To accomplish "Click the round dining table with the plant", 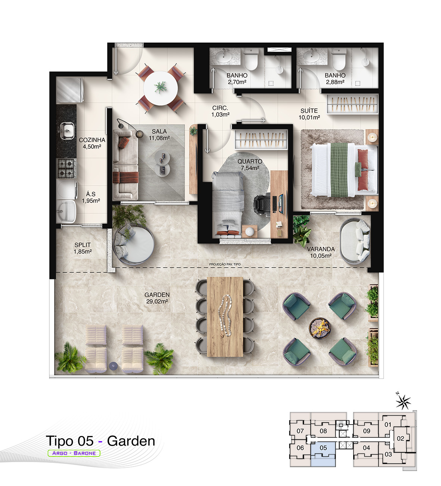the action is [x=160, y=88].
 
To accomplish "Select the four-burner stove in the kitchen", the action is [x=66, y=168].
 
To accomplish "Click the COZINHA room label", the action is [x=92, y=140].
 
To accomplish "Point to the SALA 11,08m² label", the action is [x=159, y=134].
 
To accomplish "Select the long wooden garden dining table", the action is [x=225, y=316].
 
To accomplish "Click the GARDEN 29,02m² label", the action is [x=157, y=298].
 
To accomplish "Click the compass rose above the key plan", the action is [x=403, y=402].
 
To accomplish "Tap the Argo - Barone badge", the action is [x=74, y=453].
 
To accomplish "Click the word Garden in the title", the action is [x=131, y=441].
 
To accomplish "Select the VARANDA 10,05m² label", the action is [x=321, y=252].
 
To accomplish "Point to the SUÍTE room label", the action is [x=309, y=111].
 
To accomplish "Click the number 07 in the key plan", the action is [x=300, y=431].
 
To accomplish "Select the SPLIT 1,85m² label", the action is [x=83, y=248].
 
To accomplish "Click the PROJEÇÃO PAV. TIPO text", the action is [x=225, y=264].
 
